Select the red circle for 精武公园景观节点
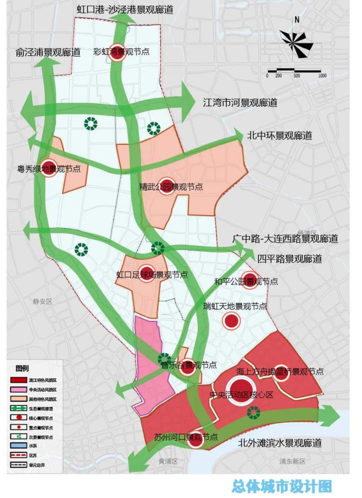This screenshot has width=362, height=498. point(167,184)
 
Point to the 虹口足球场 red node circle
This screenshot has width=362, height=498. point(147,273)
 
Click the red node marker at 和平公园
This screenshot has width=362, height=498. point(249,280)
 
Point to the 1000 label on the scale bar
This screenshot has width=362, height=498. point(322,76)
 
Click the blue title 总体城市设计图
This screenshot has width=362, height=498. point(282,485)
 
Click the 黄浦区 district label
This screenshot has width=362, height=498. point(168,461)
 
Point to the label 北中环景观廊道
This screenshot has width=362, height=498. point(279,136)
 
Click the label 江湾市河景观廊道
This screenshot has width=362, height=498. point(240,103)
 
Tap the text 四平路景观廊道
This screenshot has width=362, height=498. point(290,259)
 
